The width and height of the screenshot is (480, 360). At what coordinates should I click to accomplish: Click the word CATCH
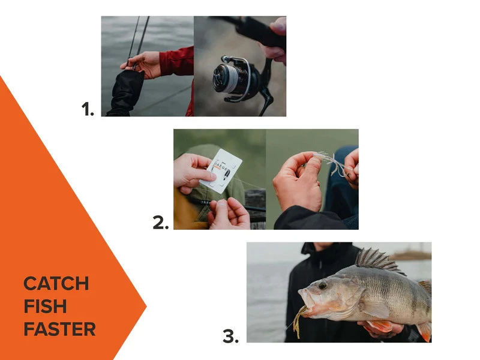click(56, 283)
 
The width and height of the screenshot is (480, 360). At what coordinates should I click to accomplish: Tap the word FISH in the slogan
click(45, 306)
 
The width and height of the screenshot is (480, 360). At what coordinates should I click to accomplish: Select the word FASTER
click(59, 329)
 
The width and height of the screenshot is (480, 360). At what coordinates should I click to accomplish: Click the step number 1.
click(88, 109)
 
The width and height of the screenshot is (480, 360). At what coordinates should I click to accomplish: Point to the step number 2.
click(161, 223)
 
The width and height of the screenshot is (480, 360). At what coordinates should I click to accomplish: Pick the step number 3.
click(230, 337)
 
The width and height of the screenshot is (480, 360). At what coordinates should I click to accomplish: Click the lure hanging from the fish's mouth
click(298, 314)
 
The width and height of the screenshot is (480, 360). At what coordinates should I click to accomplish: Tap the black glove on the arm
click(127, 93)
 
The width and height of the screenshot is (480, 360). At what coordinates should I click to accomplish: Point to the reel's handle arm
click(265, 90)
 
